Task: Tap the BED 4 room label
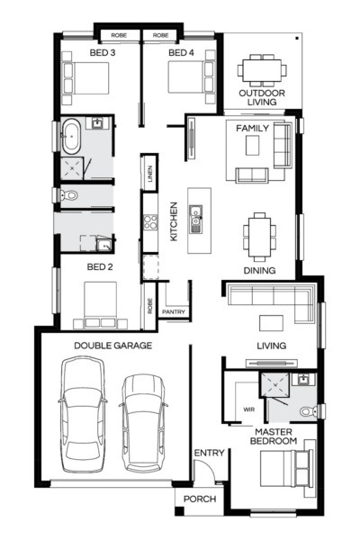point(180,53)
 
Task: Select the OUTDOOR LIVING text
point(262,97)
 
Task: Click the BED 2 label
point(99,267)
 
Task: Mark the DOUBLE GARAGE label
point(112,345)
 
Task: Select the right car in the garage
point(145,421)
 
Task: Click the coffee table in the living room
point(271,323)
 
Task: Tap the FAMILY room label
point(252,129)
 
